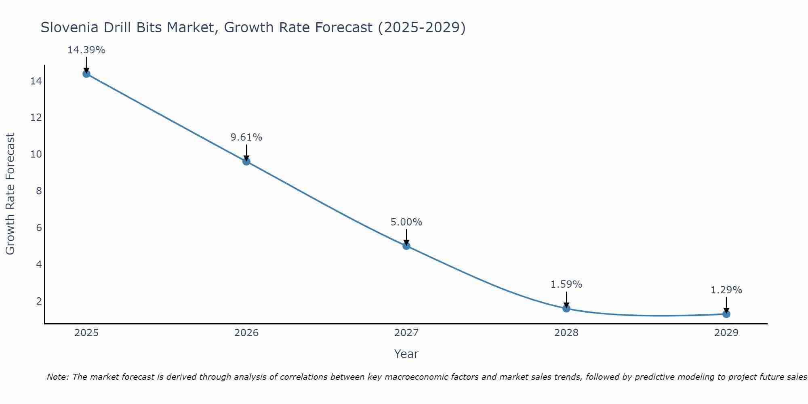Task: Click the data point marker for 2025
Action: (86, 74)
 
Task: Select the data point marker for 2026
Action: (246, 162)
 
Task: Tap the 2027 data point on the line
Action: (406, 246)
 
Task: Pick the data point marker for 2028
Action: (566, 308)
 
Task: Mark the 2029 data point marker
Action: (726, 314)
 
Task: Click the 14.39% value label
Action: (86, 50)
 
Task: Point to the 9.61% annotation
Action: (246, 137)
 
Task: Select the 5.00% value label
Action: (406, 222)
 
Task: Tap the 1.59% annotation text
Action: (566, 284)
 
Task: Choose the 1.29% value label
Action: (726, 290)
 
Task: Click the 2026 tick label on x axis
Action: (246, 333)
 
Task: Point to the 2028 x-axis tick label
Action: (566, 333)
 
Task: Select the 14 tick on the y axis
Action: (36, 81)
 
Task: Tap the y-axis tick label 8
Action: (39, 191)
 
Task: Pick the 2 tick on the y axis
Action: (39, 301)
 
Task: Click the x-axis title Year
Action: (406, 354)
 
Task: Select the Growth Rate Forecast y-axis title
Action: (10, 194)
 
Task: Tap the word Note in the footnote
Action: (58, 377)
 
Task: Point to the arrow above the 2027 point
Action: (406, 237)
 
